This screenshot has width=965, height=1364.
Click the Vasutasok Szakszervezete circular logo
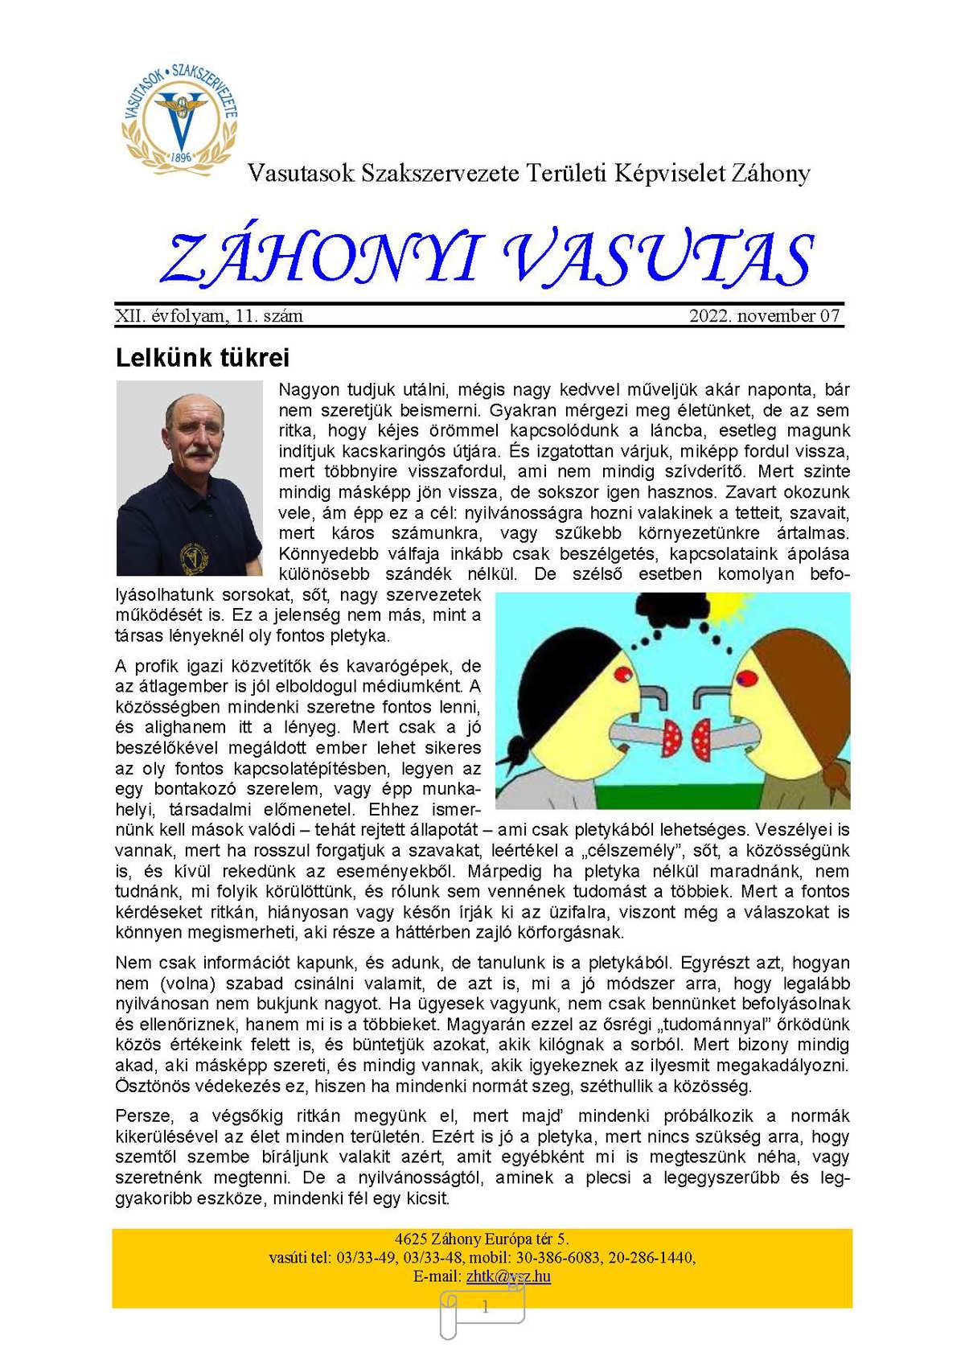179,117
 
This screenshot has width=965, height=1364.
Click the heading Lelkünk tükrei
202,357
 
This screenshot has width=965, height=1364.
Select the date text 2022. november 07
764,316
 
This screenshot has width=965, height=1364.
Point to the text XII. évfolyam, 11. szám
209,316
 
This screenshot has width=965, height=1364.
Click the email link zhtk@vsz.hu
508,1276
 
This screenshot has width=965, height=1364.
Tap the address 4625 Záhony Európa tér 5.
482,1239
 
